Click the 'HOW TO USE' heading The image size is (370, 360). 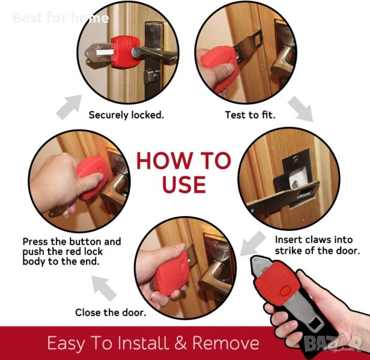coord(184,172)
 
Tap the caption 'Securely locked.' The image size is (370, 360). coord(126,115)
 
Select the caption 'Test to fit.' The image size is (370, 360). coord(250,115)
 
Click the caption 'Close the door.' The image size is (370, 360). coord(111,313)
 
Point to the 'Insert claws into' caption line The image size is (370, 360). coord(314,240)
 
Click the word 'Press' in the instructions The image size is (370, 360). coord(35,242)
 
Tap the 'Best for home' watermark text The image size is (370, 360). coord(61,17)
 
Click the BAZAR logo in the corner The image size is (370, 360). coord(333,343)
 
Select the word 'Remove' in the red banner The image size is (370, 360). coord(226,343)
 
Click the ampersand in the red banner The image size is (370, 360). coord(181,343)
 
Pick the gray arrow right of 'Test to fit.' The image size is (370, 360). coord(301,109)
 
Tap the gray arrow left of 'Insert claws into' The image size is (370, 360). coord(252,244)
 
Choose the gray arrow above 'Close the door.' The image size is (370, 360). coord(103,288)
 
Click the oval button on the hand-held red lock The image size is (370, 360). coord(285,291)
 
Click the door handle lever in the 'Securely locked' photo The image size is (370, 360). coord(154,54)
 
